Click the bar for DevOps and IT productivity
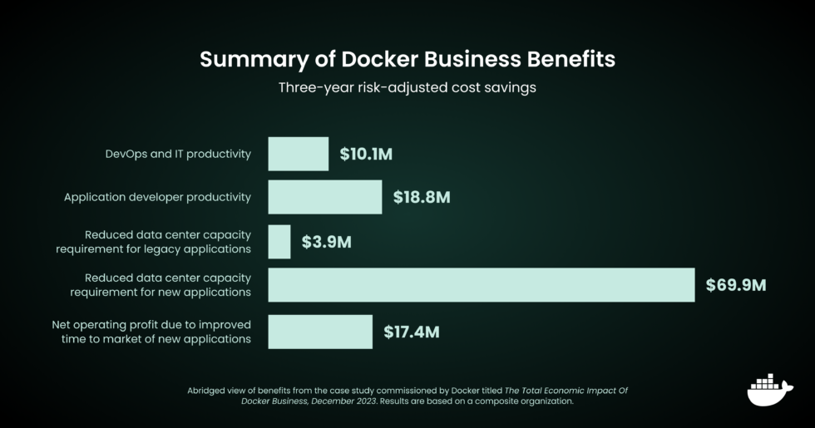(x=298, y=154)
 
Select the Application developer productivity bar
(x=324, y=197)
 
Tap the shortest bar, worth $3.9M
(x=279, y=242)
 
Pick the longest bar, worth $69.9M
(x=481, y=285)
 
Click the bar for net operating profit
(x=320, y=332)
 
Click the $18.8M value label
(x=422, y=197)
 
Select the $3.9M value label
(x=327, y=242)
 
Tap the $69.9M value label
(x=736, y=285)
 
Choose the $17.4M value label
(x=412, y=332)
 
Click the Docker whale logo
(x=769, y=390)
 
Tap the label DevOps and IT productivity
(x=178, y=155)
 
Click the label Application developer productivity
(x=157, y=198)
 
